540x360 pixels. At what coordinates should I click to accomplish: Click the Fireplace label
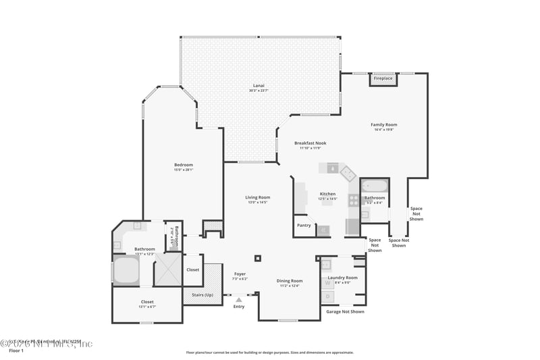383,78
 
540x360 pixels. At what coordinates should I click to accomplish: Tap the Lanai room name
259,85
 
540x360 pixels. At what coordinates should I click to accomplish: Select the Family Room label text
383,124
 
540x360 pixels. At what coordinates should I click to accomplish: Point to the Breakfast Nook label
310,143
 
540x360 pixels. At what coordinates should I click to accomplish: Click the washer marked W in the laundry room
328,283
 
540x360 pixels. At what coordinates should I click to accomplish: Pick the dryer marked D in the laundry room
328,296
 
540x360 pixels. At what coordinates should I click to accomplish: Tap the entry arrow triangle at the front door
239,299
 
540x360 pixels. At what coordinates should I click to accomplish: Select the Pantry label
304,225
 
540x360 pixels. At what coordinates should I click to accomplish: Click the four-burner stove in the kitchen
353,201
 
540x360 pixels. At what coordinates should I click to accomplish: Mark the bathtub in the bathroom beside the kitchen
375,186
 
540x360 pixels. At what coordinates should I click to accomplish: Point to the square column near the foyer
258,257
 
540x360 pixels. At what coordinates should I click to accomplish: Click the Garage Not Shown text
345,311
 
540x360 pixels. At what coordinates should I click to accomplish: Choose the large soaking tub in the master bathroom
127,270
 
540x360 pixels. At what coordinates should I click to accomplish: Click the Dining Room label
290,280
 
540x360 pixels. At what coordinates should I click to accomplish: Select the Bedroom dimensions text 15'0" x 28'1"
184,170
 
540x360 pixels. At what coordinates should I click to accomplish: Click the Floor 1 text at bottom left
16,351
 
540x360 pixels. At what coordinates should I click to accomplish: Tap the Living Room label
257,197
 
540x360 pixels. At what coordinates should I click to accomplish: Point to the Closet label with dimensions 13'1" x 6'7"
147,306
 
